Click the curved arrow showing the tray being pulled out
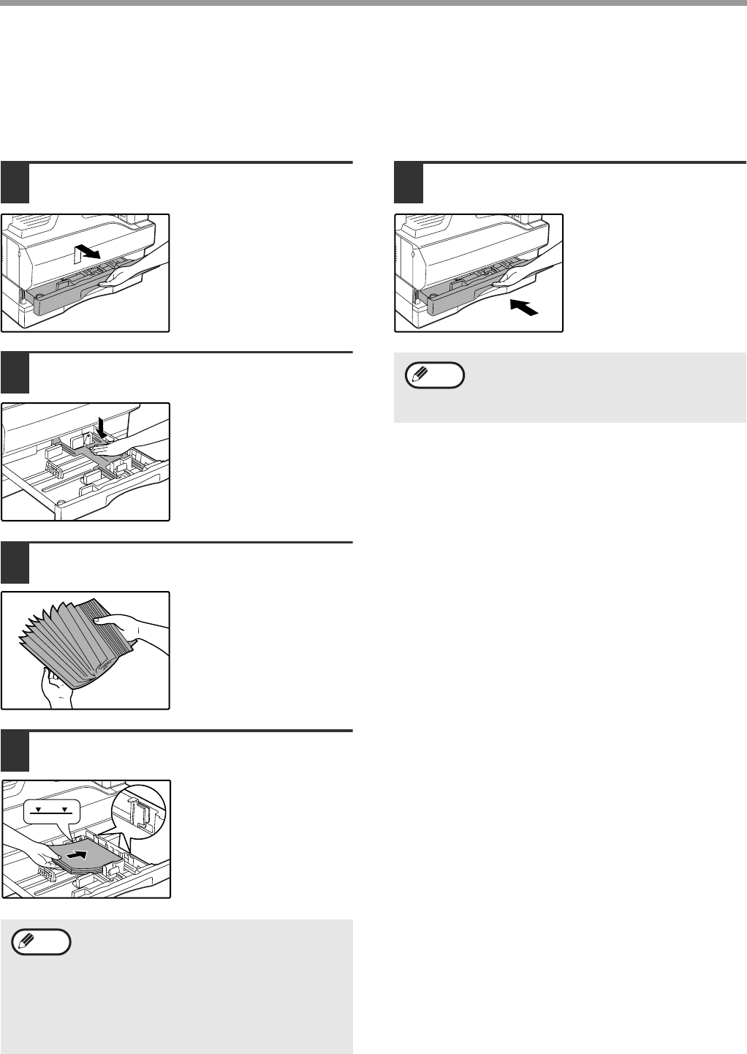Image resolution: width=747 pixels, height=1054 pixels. pos(87,253)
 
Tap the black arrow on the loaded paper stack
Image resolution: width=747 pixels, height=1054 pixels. pos(77,854)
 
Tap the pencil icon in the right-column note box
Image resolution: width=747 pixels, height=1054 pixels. pos(419,374)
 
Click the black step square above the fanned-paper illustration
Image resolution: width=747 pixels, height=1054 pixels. pos(15,562)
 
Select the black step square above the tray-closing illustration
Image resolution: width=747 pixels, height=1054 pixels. pos(409,183)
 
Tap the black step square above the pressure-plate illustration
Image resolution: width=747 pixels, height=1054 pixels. pos(15,372)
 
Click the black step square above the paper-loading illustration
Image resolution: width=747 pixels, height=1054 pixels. pos(15,751)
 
